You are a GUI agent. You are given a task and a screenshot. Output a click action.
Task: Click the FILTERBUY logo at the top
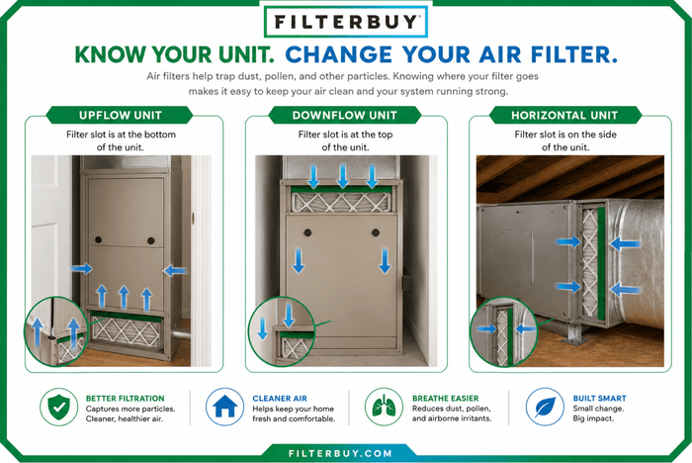(x=346, y=21)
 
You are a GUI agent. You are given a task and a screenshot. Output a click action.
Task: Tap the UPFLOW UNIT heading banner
(x=120, y=116)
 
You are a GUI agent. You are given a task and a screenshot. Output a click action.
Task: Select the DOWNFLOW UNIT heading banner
(x=345, y=116)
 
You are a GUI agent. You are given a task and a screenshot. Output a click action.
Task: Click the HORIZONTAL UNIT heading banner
(x=564, y=116)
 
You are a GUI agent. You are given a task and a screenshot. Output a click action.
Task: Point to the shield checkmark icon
(x=58, y=407)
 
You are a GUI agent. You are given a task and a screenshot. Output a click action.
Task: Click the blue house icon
(x=224, y=407)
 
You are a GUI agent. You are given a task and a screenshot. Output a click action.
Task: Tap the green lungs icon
(x=384, y=407)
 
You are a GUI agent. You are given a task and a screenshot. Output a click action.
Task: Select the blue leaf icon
(x=545, y=407)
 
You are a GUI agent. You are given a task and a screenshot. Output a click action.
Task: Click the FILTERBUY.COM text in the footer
(x=340, y=454)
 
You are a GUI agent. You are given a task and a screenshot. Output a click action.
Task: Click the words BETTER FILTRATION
(x=125, y=398)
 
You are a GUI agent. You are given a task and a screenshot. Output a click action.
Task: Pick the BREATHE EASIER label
(x=445, y=398)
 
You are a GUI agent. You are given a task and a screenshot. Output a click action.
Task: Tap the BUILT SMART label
(x=599, y=398)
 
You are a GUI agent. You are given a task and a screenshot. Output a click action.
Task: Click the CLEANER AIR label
(x=280, y=398)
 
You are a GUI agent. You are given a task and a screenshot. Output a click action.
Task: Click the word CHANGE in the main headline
(x=339, y=54)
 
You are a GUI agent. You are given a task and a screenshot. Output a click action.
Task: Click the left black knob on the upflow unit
(x=99, y=239)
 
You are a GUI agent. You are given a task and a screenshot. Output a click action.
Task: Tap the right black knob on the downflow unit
(x=376, y=232)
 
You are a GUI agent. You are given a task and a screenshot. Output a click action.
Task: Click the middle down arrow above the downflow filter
(x=343, y=176)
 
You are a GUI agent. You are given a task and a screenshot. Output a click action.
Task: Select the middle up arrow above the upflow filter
(x=124, y=297)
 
